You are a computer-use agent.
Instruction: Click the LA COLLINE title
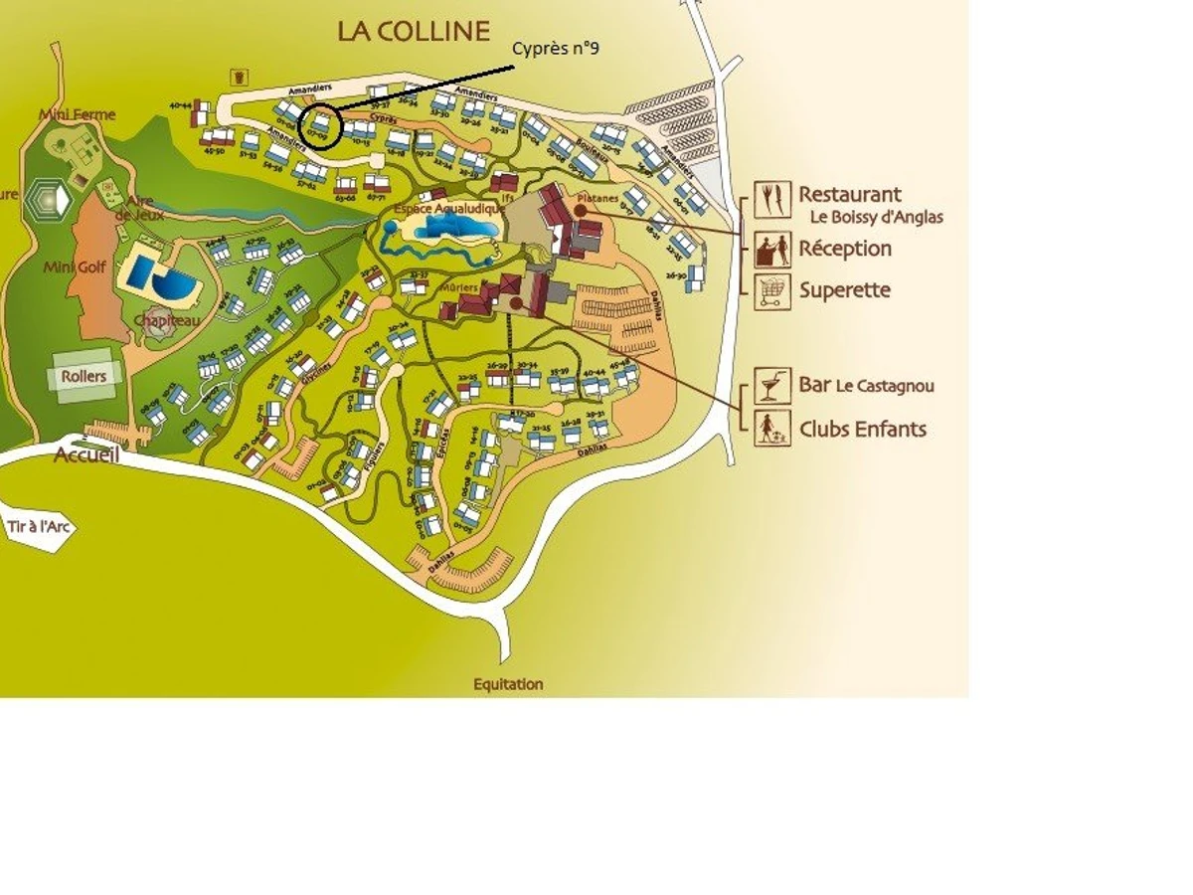coord(414,31)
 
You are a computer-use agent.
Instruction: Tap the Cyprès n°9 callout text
coord(556,49)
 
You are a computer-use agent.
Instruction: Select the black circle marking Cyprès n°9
coord(320,127)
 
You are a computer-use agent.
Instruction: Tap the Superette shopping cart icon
coord(771,291)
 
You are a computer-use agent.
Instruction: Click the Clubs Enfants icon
coord(771,429)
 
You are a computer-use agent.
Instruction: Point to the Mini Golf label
coord(75,268)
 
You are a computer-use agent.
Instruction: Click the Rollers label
coord(84,377)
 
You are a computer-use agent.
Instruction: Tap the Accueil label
coord(86,455)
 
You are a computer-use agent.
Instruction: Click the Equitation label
coord(508,684)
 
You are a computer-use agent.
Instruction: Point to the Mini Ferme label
coord(78,114)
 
